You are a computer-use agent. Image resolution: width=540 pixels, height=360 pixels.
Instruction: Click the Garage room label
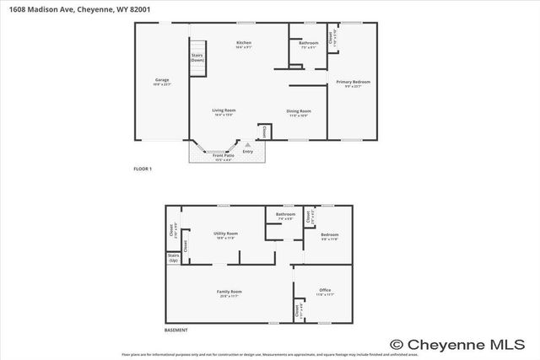(161, 82)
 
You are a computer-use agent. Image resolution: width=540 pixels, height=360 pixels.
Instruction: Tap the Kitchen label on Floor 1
(244, 44)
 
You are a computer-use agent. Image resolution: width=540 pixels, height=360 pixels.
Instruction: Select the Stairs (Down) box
(197, 57)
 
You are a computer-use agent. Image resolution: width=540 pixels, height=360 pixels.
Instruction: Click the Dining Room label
(300, 112)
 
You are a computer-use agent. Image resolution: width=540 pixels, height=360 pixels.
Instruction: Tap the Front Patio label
(223, 157)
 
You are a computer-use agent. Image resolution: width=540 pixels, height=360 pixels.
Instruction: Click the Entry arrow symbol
(247, 145)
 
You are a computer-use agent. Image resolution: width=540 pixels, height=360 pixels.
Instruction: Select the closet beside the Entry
(263, 132)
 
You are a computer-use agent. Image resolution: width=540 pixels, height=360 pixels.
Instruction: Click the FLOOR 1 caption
(142, 169)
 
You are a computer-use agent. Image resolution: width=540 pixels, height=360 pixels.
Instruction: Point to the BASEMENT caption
(175, 330)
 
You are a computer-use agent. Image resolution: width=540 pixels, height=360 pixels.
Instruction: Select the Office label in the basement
(325, 292)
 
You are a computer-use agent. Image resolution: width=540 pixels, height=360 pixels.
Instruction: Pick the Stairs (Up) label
(174, 256)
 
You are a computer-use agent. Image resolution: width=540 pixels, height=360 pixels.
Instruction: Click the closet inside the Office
(298, 309)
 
